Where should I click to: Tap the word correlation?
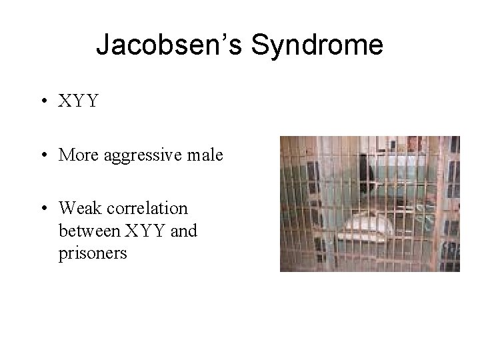pos(151,209)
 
